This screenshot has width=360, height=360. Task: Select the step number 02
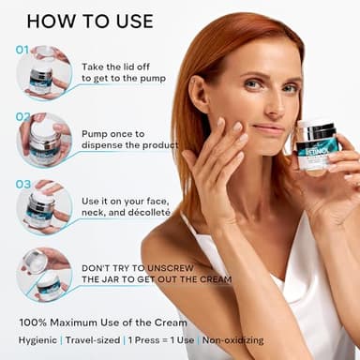22,117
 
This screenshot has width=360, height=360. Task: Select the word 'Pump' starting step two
96,134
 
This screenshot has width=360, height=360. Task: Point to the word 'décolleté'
148,213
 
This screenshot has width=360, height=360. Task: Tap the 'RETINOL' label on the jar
314,148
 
